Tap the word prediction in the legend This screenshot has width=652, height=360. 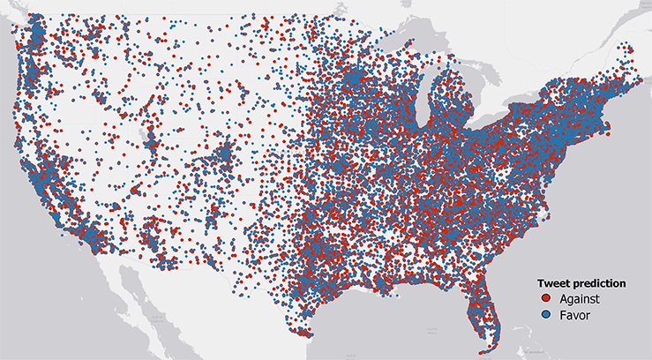pyautogui.click(x=600, y=284)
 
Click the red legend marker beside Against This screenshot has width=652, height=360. pyautogui.click(x=547, y=300)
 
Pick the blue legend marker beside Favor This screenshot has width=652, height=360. pyautogui.click(x=547, y=314)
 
